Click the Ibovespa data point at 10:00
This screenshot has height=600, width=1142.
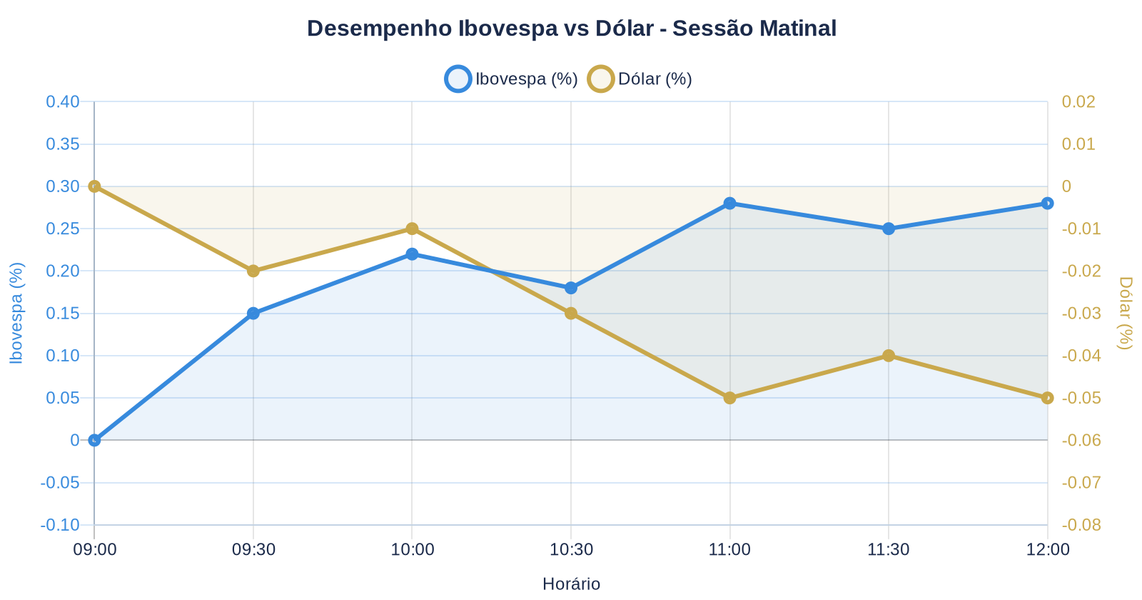coord(412,254)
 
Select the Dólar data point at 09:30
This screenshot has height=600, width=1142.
coord(253,271)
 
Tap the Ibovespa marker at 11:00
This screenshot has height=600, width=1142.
coord(729,204)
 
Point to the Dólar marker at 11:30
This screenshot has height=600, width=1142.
coord(889,356)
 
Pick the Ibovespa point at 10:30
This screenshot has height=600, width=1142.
coord(571,288)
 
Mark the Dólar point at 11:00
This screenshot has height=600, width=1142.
coord(729,398)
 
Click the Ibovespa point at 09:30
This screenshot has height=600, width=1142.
coord(253,314)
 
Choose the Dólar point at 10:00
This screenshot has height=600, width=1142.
coord(412,229)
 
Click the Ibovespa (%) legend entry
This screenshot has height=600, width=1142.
coord(511,79)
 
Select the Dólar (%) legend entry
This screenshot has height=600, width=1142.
coord(640,79)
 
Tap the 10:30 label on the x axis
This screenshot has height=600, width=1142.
coord(571,550)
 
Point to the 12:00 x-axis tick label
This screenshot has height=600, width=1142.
coord(1047,550)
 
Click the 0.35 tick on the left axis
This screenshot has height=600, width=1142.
coord(63,144)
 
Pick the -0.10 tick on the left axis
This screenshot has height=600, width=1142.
coord(60,525)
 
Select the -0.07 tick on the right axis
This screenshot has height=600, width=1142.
coord(1081,483)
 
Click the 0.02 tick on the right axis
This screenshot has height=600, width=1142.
coord(1078,101)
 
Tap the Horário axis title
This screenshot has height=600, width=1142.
coord(571,584)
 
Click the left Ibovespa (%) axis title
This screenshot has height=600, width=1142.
coord(17,313)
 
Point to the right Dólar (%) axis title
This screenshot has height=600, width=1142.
coord(1125,313)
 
